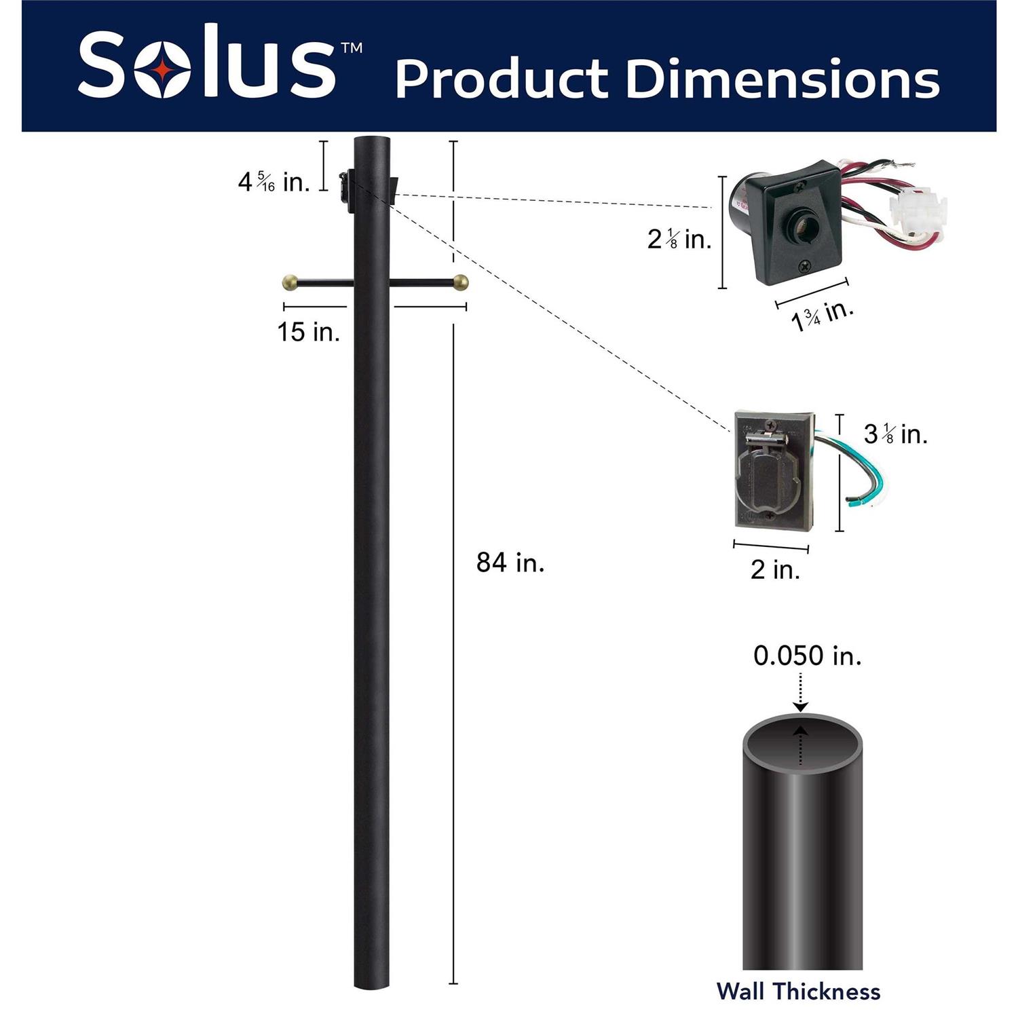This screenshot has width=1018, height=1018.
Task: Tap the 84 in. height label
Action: coord(510,563)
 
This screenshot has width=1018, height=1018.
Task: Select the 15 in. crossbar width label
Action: coord(309,332)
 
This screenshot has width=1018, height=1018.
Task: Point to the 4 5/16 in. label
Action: coord(274,181)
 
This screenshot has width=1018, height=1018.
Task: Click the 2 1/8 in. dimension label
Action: coord(679,239)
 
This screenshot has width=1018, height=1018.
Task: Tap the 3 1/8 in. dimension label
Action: coord(895,434)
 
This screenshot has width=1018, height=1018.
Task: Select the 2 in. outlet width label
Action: coord(775,569)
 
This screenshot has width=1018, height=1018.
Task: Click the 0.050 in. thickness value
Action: coord(808,656)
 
